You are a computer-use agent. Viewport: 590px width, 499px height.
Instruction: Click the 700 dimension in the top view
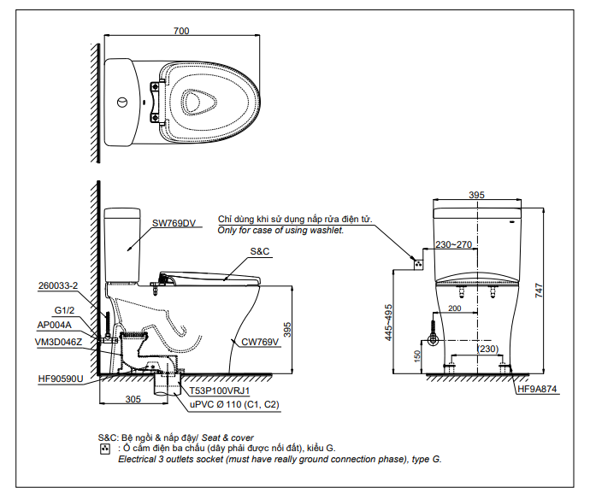coord(181,31)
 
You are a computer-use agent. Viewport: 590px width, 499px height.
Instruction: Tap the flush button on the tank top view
coord(122,102)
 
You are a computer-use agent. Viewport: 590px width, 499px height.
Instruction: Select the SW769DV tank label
coord(174,223)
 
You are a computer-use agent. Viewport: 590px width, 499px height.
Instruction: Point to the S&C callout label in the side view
coord(260,251)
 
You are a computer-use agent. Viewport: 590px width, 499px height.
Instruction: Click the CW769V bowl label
coord(260,342)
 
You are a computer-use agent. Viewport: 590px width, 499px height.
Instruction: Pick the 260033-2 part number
coord(58,285)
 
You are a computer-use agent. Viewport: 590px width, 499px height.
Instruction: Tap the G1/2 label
coord(64,310)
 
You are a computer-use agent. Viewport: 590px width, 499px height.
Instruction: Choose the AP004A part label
coord(54,325)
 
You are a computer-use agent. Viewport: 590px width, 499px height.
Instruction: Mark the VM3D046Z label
coord(58,342)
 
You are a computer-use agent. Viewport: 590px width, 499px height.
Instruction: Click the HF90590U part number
coord(61,379)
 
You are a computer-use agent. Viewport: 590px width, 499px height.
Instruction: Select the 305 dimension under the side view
coord(133,399)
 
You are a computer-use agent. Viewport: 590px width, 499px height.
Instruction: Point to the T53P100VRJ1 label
coord(220,391)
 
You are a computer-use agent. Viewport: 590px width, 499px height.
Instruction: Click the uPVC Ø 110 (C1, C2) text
coord(234,405)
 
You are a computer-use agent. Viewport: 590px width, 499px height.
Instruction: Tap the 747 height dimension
coord(539,291)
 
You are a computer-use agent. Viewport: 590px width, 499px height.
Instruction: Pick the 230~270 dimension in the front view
coord(453,244)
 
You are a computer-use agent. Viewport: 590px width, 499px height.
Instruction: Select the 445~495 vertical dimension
coord(388,323)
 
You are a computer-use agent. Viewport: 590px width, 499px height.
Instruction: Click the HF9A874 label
coord(537,389)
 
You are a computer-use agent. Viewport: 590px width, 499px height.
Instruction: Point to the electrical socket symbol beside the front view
coord(418,264)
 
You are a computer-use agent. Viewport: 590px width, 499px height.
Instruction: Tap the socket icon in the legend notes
coord(105,449)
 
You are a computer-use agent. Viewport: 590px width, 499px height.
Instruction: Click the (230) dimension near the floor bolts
coord(487,349)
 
